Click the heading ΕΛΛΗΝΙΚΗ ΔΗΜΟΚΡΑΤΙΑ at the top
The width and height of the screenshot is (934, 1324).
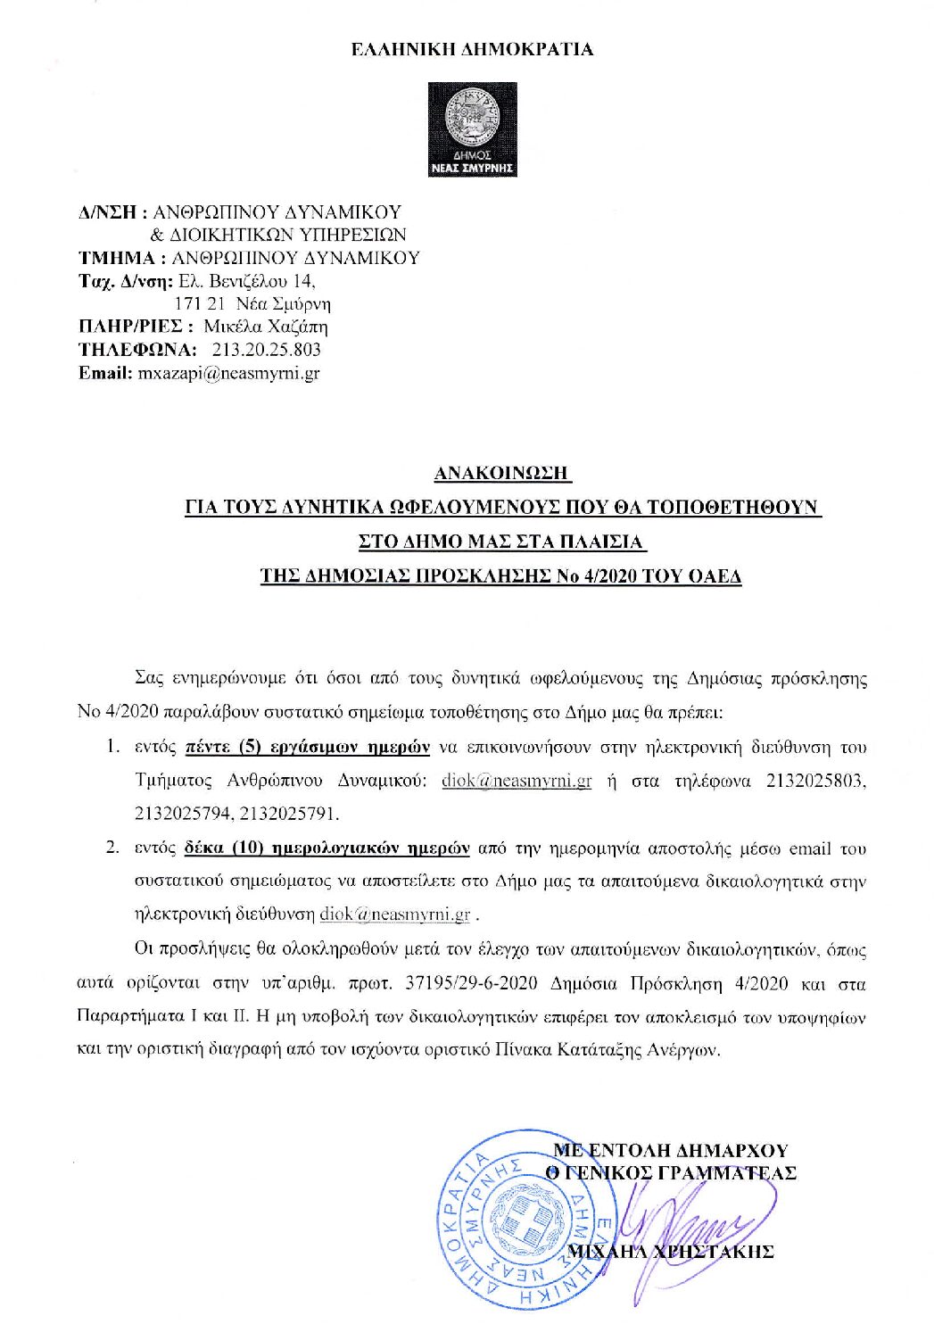point(472,50)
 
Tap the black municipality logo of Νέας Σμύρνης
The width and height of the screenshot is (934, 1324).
point(472,129)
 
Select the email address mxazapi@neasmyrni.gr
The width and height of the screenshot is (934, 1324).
point(228,374)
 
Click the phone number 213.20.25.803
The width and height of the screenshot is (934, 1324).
point(267,350)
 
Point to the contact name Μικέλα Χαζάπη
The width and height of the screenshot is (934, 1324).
point(266,327)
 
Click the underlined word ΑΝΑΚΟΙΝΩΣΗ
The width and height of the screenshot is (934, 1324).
point(502,473)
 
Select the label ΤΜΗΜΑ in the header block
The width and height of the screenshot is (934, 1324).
point(117,258)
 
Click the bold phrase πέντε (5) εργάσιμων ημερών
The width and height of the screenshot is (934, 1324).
point(308,747)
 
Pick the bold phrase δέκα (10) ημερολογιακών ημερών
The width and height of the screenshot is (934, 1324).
point(326,848)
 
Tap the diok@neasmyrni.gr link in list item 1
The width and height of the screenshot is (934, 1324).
point(517,781)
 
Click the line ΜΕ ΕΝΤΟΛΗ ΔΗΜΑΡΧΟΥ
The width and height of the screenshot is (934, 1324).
point(671,1150)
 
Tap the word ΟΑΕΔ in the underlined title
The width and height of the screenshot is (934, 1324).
point(716,576)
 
